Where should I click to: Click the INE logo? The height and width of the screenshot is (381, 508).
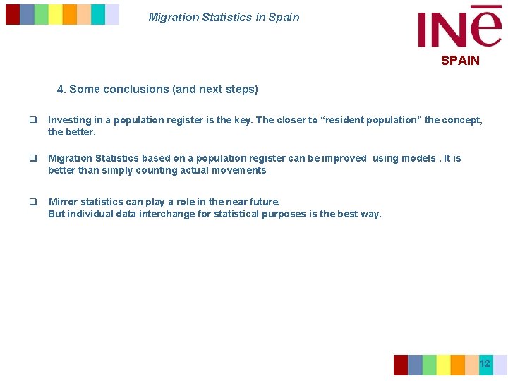pos(459,28)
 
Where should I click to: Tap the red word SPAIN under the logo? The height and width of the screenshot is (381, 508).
pos(460,61)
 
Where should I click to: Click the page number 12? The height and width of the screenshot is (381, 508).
pos(485,364)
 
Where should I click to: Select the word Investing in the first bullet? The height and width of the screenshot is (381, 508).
pos(68,120)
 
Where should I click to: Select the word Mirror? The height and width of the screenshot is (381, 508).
pos(62,202)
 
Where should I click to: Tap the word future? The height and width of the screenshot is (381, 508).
pos(262,202)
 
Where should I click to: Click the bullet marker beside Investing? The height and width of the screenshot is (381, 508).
pos(32,121)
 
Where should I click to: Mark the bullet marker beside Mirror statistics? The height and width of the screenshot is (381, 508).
pos(32,202)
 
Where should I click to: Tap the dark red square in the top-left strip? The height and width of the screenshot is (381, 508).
pos(13,14)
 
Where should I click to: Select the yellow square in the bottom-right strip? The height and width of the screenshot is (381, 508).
pos(443,365)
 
